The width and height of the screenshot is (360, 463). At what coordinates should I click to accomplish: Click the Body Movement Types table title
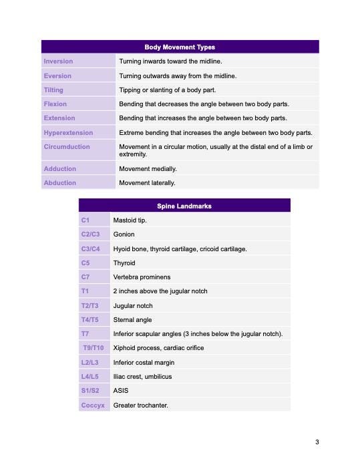pos(180,47)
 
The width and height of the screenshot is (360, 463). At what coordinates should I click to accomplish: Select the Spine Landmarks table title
pos(184,206)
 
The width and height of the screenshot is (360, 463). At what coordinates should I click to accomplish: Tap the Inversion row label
pos(58,61)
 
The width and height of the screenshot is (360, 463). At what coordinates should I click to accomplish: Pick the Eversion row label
pos(57,76)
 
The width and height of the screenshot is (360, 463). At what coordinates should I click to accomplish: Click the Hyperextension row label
pos(68,133)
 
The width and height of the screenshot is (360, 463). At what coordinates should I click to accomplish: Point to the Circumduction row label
pos(66,146)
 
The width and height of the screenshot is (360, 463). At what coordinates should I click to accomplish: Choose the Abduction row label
pos(59,182)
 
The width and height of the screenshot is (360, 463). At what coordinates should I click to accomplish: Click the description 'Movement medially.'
pos(147,169)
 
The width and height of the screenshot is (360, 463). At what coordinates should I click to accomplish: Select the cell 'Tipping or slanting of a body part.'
pos(167,90)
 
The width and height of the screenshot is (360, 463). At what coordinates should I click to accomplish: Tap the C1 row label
pos(85,220)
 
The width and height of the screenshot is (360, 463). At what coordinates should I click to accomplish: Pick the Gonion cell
pos(124,235)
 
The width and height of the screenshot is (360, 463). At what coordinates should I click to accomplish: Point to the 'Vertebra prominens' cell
pos(142,277)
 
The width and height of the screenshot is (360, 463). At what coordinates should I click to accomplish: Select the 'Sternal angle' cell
pos(132,320)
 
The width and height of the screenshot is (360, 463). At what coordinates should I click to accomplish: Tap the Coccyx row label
pos(93,405)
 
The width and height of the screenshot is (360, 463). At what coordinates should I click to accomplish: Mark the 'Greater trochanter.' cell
pos(141,405)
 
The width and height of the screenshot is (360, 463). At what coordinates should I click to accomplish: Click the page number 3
pos(317,442)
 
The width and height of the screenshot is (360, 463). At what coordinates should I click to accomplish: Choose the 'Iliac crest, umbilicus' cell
pos(142,377)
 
